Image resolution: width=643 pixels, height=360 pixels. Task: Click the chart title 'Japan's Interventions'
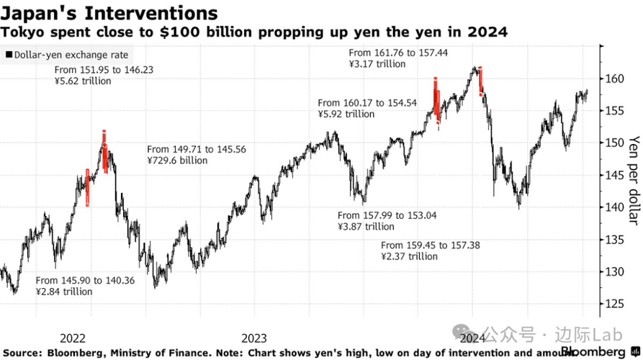pyautogui.click(x=109, y=13)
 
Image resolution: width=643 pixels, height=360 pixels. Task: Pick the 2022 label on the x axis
pyautogui.click(x=74, y=338)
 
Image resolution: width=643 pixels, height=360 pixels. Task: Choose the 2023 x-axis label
pyautogui.click(x=254, y=338)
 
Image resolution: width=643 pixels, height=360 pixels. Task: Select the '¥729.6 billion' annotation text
pyautogui.click(x=177, y=161)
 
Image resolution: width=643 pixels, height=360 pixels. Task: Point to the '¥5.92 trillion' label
pyautogui.click(x=346, y=114)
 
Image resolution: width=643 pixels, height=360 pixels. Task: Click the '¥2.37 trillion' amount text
pyautogui.click(x=409, y=256)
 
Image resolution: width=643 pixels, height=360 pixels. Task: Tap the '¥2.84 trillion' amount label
pyautogui.click(x=64, y=292)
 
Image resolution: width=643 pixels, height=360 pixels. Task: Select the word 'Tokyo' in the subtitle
pyautogui.click(x=20, y=32)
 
